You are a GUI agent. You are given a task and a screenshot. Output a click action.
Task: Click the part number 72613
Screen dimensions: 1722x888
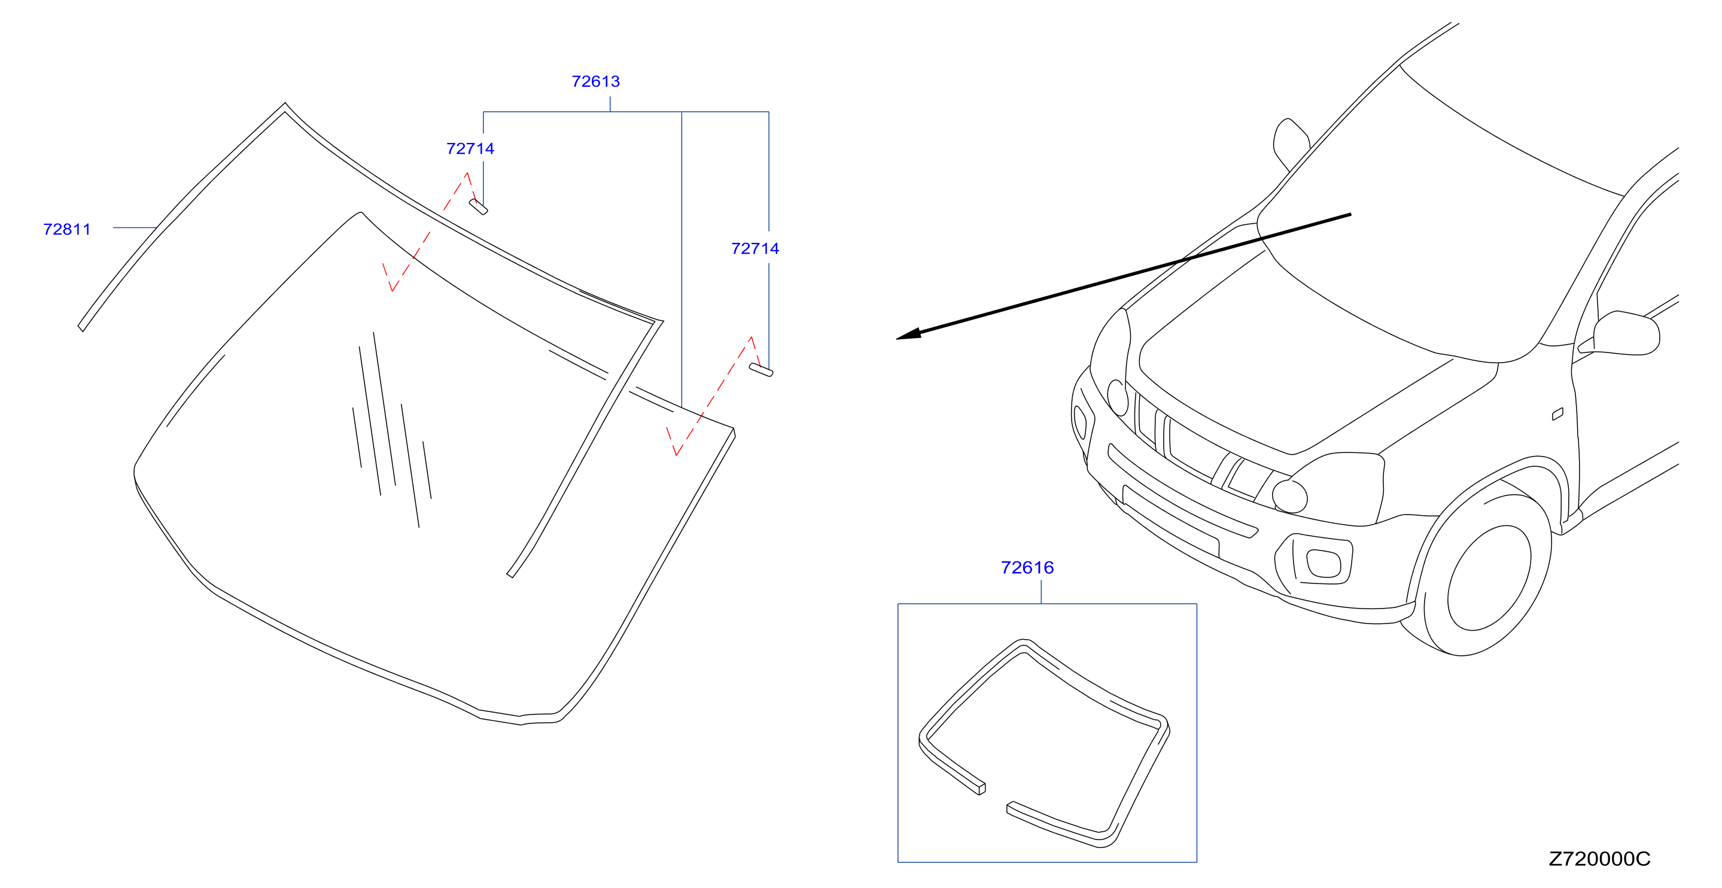coord(595,81)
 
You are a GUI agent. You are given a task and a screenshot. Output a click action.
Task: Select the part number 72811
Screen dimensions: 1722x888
coord(67,229)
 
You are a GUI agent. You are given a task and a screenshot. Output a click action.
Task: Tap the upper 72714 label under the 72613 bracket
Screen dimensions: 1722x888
coord(470,148)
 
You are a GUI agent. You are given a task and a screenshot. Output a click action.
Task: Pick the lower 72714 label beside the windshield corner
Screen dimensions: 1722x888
coord(754,249)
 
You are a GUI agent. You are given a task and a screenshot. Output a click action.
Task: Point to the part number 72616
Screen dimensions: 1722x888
coord(1027,568)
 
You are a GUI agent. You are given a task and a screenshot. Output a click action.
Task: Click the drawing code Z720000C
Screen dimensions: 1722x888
coord(1599,859)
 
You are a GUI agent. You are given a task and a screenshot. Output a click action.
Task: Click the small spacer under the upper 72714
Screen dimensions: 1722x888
coord(478,206)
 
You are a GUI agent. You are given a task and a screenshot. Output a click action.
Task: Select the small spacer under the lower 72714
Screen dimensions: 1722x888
coord(760,370)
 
